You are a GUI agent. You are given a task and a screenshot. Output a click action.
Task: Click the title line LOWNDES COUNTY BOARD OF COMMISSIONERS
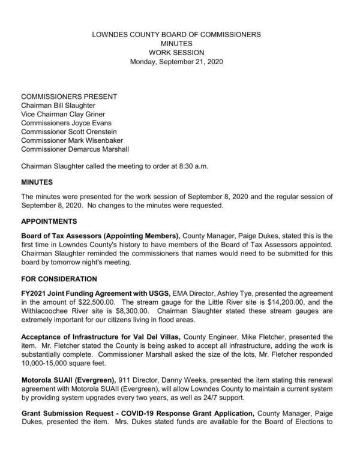coord(176,35)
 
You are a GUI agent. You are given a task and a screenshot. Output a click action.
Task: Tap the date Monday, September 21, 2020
coord(176,62)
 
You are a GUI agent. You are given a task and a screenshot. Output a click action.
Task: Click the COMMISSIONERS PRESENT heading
coord(69,97)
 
